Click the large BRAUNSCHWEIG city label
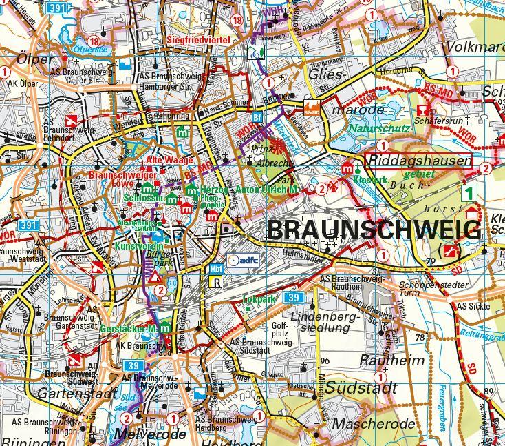click(x=374, y=230)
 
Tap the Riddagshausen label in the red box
click(x=420, y=161)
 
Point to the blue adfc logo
click(x=241, y=259)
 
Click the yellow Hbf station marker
click(x=215, y=270)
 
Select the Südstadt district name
click(x=361, y=387)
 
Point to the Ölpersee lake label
click(x=91, y=49)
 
